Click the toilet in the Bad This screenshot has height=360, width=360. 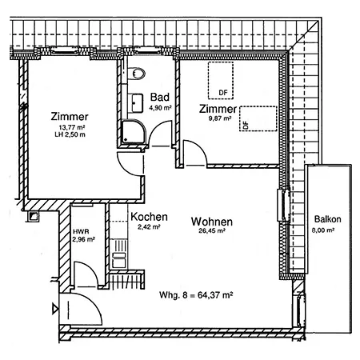[137, 74]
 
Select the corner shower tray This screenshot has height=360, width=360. [134, 132]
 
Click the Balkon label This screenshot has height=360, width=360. [327, 219]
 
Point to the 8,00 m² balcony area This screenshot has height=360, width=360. [323, 230]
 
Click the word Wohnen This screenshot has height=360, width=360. [212, 222]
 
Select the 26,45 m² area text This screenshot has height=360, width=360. [212, 230]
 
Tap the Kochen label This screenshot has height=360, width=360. [149, 217]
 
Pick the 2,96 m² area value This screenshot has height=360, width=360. [83, 239]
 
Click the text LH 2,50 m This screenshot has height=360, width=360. [70, 134]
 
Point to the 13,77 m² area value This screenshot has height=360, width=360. [72, 127]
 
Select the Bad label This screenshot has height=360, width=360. [160, 97]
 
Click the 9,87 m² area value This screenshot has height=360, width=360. [220, 118]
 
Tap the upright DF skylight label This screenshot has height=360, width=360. [223, 93]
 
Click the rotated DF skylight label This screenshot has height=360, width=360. [246, 124]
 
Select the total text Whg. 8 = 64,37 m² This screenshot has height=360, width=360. [196, 295]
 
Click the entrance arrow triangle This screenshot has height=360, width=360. [55, 309]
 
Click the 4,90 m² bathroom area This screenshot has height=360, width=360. [160, 108]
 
